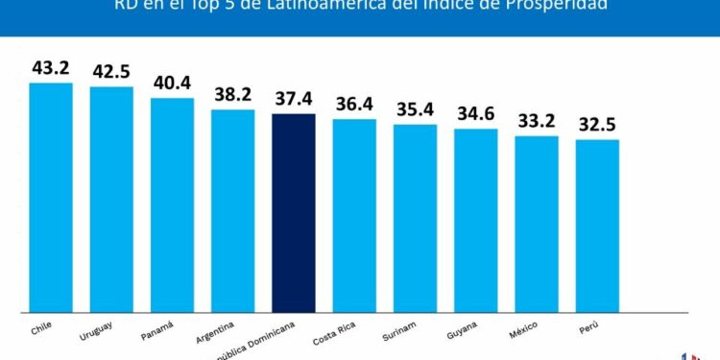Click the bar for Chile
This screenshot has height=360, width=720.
(51, 197)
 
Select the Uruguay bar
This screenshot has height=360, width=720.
(111, 199)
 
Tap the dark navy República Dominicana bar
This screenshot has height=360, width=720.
(294, 212)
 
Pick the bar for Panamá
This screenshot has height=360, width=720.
(172, 204)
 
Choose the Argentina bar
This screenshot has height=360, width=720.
(233, 210)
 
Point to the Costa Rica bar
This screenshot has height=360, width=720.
(354, 215)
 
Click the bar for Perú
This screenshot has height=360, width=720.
(597, 226)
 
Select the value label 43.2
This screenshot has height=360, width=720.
(51, 68)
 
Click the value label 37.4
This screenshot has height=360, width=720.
(294, 99)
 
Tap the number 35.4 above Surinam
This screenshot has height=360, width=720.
(415, 109)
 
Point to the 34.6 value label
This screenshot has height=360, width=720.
(476, 114)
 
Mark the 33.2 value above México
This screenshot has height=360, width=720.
(537, 121)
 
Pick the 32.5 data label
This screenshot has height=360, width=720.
(597, 125)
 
